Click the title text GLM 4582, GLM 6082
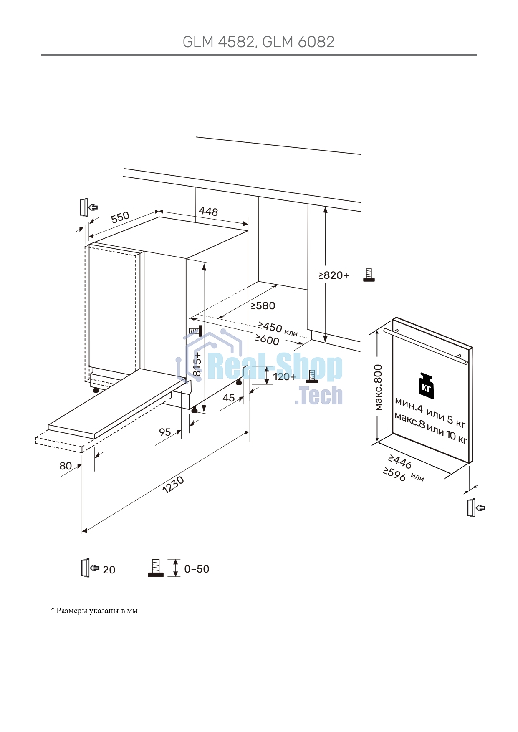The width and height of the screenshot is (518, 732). (x=258, y=42)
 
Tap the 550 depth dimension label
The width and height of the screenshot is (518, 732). (x=120, y=217)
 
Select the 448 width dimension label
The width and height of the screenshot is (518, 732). (x=208, y=212)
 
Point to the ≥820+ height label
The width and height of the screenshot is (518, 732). (x=334, y=275)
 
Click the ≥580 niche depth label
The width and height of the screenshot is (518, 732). (x=263, y=306)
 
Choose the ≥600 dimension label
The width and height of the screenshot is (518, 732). (x=267, y=340)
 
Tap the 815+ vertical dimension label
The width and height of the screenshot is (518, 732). (x=197, y=364)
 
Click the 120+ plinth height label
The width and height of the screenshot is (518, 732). (x=284, y=377)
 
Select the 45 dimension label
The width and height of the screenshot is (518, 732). (x=229, y=398)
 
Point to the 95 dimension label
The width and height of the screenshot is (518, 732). (x=165, y=432)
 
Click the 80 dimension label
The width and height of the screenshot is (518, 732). (x=66, y=466)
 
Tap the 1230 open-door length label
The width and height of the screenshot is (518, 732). (x=173, y=485)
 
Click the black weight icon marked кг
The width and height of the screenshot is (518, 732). (x=427, y=386)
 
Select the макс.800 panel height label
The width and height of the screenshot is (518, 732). (x=378, y=387)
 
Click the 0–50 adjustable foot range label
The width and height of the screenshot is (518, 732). (x=197, y=569)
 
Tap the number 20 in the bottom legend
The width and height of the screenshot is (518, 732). (x=109, y=570)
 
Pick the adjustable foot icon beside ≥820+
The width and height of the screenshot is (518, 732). (x=369, y=275)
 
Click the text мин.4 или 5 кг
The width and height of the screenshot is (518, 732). (x=430, y=412)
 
